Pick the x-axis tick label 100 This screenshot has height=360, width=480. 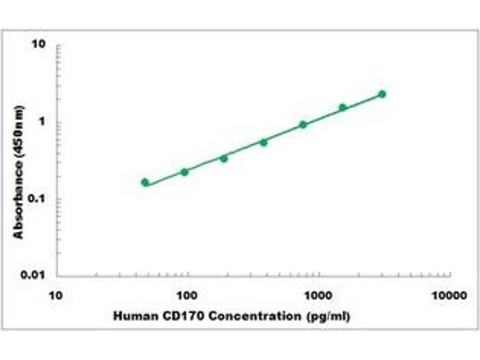coord(188,295)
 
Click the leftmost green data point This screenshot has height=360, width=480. coord(145,182)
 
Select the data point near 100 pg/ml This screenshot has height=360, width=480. coord(184,172)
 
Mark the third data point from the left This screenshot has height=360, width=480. coord(224,158)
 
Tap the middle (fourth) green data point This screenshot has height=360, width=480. coord(263,142)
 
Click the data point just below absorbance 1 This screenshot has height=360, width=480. coord(303,125)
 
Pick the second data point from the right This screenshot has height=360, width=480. coord(343,107)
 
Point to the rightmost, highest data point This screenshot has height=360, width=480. coord(382,94)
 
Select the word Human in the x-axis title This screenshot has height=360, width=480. coord(130,316)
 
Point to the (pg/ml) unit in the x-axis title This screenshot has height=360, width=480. coord(329,316)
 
